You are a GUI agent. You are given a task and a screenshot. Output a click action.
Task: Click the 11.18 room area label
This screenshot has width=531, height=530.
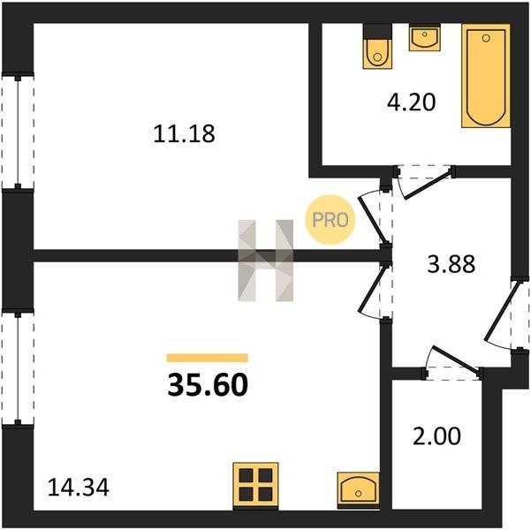click(x=184, y=133)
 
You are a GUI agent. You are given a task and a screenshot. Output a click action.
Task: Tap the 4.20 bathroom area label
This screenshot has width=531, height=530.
click(x=411, y=102)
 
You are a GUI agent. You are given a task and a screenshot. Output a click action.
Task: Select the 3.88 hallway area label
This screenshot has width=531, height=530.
click(x=451, y=264)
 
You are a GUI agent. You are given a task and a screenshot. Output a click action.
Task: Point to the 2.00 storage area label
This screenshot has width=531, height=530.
click(x=436, y=435)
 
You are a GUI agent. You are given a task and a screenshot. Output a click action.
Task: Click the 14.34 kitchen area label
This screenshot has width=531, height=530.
click(x=79, y=488)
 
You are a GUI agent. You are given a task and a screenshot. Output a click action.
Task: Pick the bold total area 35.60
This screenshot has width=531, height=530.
click(x=208, y=385)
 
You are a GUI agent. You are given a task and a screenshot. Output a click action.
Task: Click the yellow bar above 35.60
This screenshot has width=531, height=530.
click(x=208, y=358)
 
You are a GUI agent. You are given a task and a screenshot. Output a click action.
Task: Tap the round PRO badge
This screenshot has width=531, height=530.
click(x=330, y=220)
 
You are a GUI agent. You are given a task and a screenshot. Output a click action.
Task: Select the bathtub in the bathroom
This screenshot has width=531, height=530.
click(x=486, y=76)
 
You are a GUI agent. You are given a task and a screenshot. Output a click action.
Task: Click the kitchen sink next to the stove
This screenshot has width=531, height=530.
click(x=358, y=488)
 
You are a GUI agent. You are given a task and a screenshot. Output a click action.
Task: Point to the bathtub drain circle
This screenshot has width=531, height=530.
click(x=486, y=38)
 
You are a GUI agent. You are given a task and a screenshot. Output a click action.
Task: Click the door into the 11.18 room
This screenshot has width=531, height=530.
click(x=371, y=220)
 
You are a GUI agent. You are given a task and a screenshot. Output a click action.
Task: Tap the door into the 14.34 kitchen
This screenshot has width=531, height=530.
click(x=372, y=289)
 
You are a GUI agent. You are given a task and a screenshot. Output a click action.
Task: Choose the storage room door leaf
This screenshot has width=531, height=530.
click(x=456, y=360)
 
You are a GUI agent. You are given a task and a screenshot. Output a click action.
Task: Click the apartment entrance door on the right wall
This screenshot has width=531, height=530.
click(x=502, y=311)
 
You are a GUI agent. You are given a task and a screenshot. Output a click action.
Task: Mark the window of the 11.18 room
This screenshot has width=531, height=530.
click(x=18, y=131)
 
